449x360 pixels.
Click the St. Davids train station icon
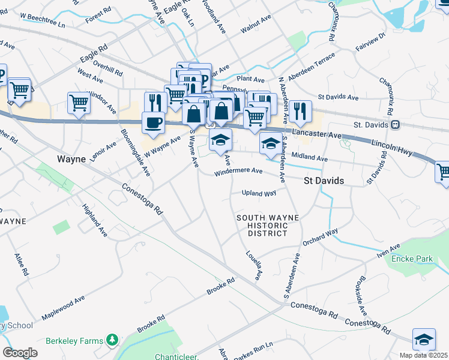[x=395, y=125]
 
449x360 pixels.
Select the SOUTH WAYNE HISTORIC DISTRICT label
[x=262, y=226]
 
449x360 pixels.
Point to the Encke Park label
[x=412, y=259]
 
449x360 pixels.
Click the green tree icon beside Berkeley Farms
[x=111, y=340]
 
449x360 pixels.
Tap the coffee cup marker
[x=153, y=122]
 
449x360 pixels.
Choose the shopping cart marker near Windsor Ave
[x=79, y=103]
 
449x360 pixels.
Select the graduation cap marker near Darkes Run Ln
[x=424, y=339]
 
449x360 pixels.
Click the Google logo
[x=20, y=352]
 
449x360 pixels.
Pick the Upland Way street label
[x=259, y=193]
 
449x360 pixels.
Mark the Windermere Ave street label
[x=240, y=172]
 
